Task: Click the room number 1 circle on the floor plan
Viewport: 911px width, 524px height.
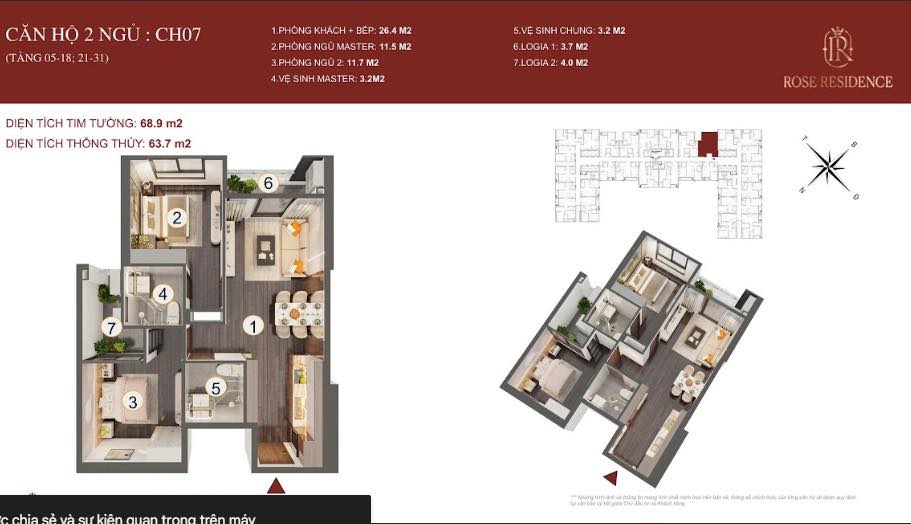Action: tap(255, 325)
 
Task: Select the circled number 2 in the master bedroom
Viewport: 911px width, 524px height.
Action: tap(176, 217)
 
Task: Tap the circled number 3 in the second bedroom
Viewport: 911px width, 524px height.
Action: tap(132, 401)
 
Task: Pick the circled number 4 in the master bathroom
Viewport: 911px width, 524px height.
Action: tap(163, 294)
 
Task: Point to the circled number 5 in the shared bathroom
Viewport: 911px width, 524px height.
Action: tap(215, 387)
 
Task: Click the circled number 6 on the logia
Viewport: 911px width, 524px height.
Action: tap(268, 182)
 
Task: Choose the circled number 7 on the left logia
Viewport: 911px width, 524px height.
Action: tap(113, 326)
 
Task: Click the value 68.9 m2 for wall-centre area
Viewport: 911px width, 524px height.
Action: tap(160, 124)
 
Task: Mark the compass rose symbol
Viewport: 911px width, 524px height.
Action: tap(828, 164)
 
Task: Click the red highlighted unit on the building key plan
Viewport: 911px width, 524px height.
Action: tap(708, 144)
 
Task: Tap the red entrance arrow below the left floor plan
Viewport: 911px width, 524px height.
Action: tap(276, 486)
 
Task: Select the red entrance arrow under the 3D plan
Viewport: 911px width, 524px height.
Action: tap(609, 478)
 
